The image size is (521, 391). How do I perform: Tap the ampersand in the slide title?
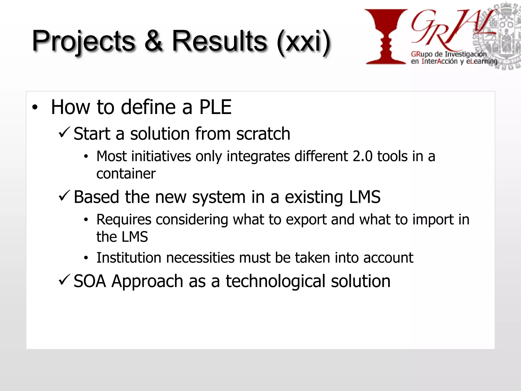153,41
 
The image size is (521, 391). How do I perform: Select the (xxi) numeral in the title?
304,42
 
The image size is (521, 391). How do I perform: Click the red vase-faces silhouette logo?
386,37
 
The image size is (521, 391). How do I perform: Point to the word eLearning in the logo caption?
482,62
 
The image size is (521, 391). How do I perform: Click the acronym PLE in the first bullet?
215,107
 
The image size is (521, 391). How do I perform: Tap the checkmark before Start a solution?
64,133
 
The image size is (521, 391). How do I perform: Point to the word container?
126,174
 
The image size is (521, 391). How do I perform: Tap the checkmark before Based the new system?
64,196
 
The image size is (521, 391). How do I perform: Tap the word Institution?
129,258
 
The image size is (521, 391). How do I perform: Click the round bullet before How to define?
35,108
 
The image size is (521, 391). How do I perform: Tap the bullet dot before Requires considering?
86,220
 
